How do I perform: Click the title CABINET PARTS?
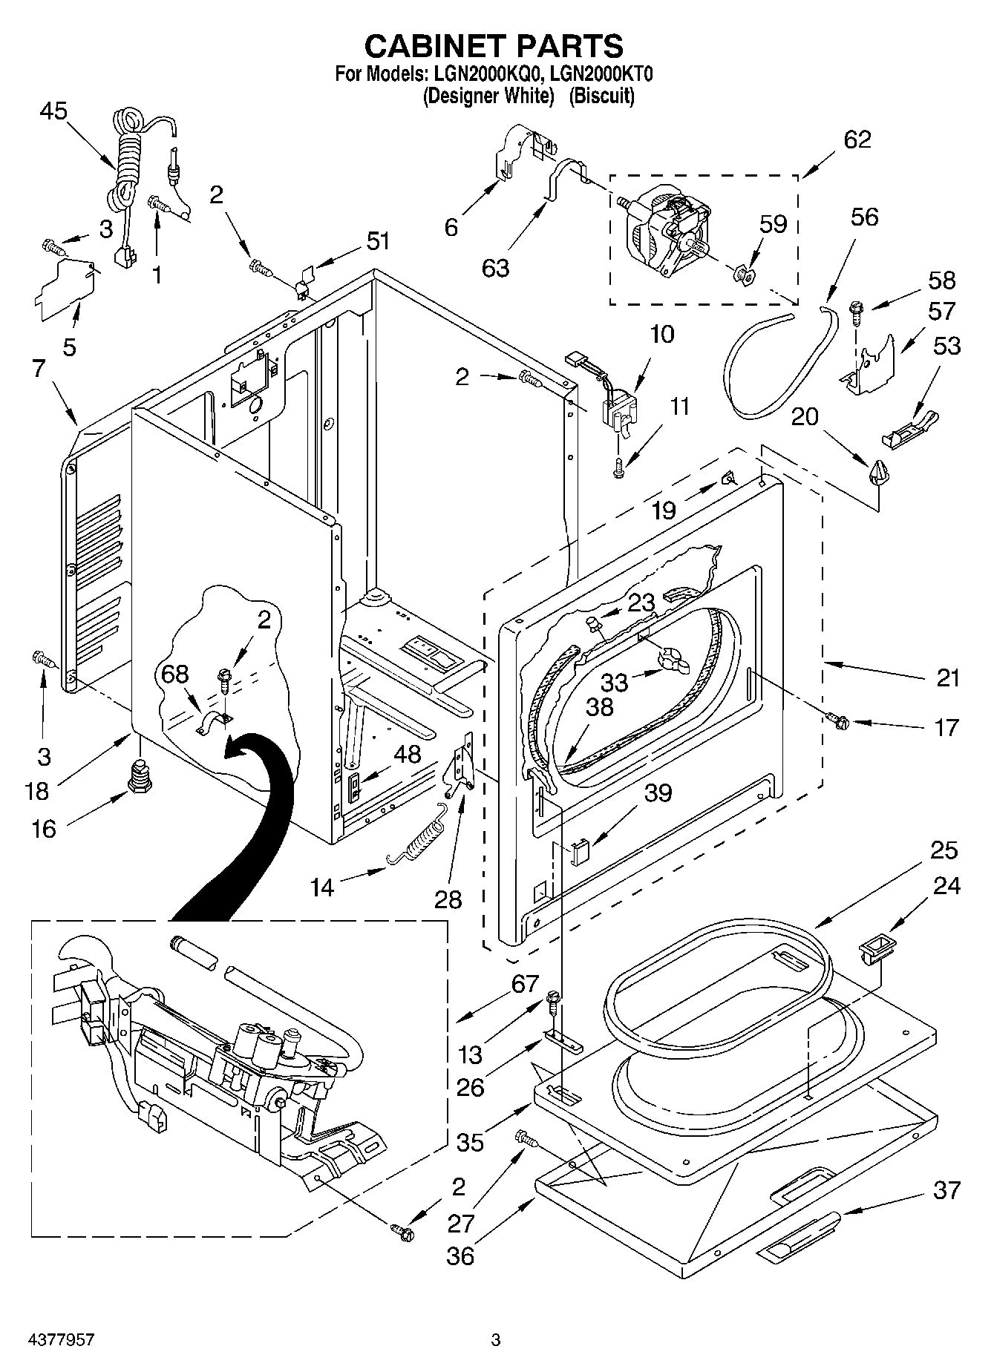[494, 46]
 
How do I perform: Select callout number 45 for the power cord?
[53, 111]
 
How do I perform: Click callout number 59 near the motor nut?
[773, 224]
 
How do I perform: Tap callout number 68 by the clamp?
[175, 674]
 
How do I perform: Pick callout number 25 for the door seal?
[944, 850]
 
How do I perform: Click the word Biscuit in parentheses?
[601, 96]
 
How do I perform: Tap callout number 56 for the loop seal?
[864, 217]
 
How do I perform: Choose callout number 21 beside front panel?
[948, 678]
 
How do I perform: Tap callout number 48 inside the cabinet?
[408, 755]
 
